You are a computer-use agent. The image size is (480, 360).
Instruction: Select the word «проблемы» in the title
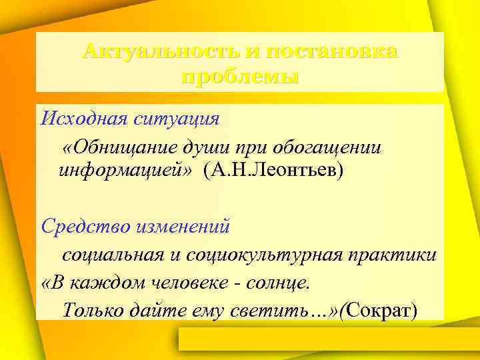coord(240,77)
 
